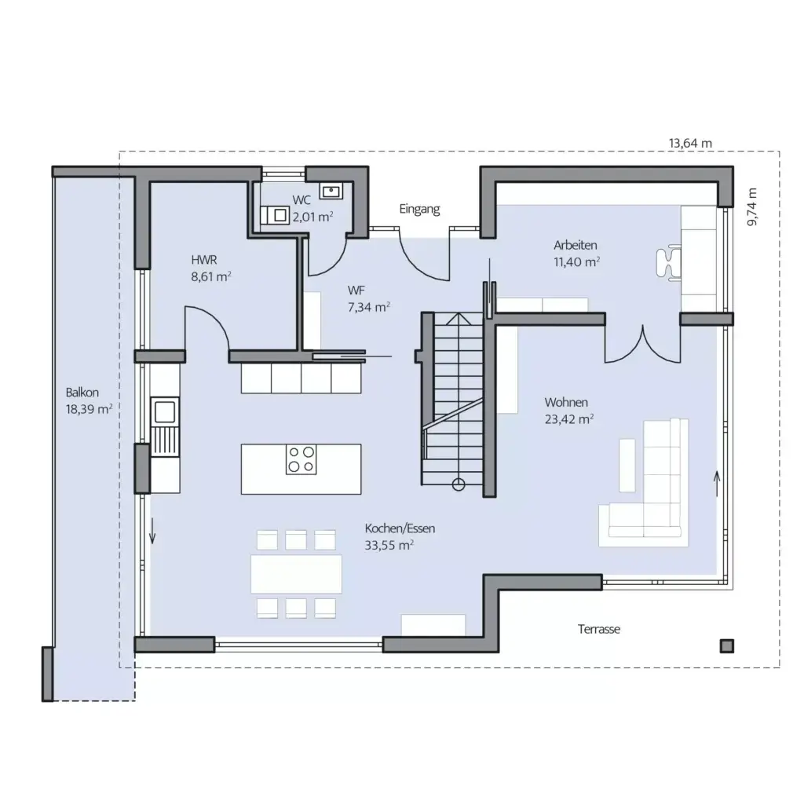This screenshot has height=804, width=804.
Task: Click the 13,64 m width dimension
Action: point(690,143)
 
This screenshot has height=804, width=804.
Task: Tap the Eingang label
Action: point(419,209)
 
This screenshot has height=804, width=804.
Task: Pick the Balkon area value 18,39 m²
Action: point(90,408)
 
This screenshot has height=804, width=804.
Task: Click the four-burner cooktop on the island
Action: point(301,459)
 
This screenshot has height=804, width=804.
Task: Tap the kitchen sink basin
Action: point(165,411)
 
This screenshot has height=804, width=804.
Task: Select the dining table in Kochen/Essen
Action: point(296,574)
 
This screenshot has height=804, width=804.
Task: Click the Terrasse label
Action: point(599,629)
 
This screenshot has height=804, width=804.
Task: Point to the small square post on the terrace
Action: point(727,645)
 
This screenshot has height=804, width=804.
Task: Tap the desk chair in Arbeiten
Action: point(668,262)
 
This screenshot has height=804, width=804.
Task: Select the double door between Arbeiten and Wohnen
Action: point(642,343)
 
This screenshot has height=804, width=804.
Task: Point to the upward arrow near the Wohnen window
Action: point(715,480)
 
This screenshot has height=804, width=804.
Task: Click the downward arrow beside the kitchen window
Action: point(153,532)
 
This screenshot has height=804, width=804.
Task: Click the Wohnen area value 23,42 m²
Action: point(568,419)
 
